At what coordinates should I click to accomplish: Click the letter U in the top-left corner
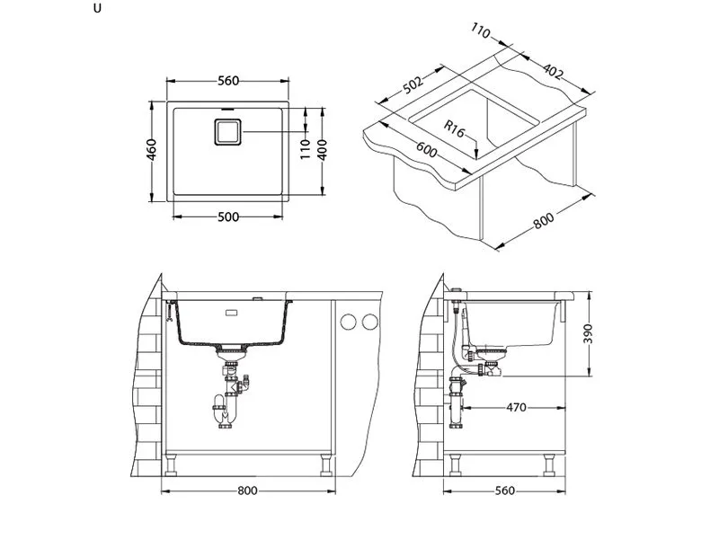click(x=96, y=9)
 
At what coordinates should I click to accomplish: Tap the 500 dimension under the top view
click(x=227, y=217)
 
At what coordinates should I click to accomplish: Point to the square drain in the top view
click(x=227, y=132)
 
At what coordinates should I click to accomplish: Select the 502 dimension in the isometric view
click(x=413, y=84)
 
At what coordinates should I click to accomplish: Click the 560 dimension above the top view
click(x=227, y=81)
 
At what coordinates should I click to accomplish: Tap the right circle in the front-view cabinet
click(x=368, y=322)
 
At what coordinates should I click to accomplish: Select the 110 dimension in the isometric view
click(x=480, y=34)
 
